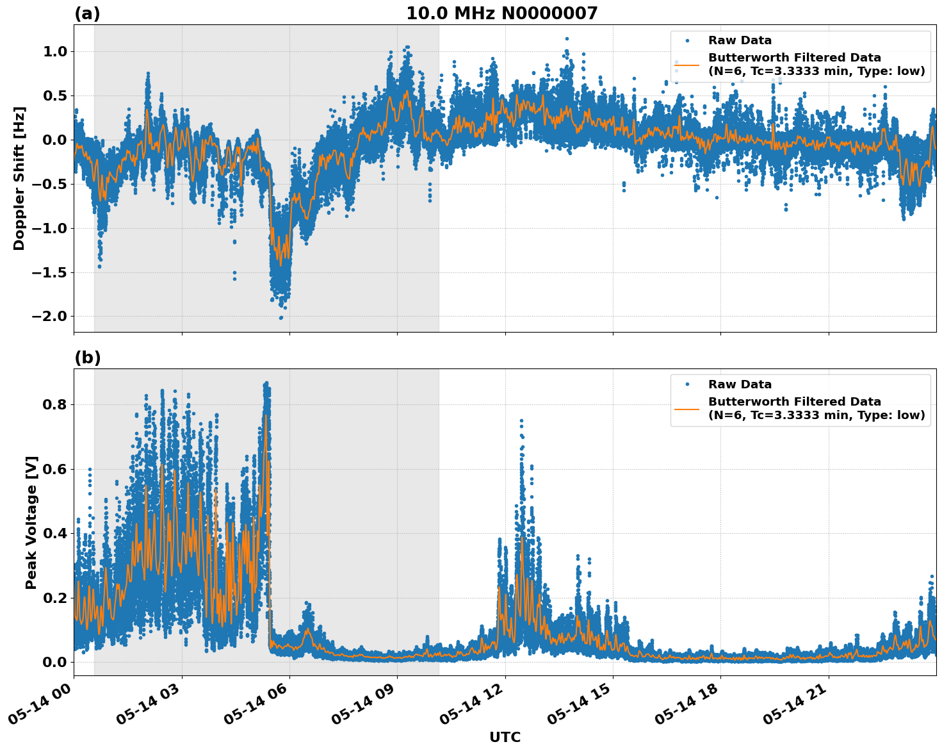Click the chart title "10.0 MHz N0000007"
[x=501, y=13]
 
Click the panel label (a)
[x=87, y=13]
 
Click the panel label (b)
[x=87, y=358]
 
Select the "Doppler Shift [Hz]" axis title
[x=19, y=178]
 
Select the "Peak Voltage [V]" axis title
[x=31, y=522]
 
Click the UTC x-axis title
[x=505, y=737]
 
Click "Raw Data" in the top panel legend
[x=740, y=40]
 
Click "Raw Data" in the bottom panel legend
[x=740, y=384]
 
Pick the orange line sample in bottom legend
[x=686, y=408]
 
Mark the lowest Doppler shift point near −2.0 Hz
[x=280, y=317]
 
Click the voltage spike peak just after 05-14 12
[x=521, y=421]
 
